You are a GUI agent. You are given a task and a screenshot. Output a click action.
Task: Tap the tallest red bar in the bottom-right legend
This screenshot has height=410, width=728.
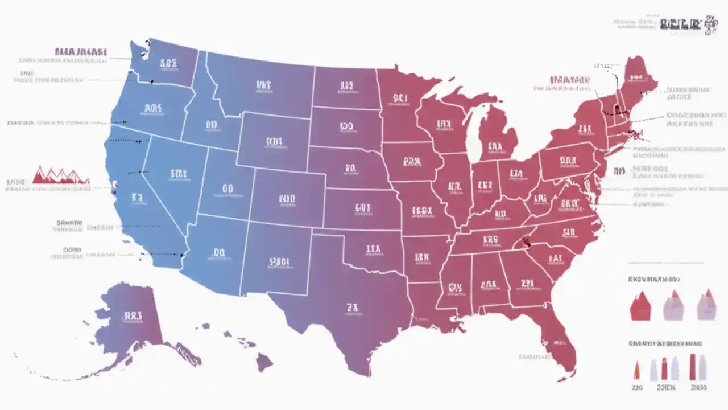[693, 367]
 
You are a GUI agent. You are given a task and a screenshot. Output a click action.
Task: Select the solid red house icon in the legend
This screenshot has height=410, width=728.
[640, 306]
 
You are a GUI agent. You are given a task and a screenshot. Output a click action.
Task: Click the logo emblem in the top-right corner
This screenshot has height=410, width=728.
[710, 24]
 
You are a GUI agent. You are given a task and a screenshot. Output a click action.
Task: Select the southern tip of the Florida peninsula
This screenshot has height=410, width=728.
[566, 373]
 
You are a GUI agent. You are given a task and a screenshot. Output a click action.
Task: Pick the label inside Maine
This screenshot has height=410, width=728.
[635, 77]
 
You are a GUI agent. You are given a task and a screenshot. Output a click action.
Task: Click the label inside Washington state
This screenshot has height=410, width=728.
[169, 63]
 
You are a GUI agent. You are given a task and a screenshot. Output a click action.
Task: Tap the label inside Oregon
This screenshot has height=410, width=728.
[153, 107]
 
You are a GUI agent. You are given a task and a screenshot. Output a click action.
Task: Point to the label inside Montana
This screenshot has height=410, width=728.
[264, 85]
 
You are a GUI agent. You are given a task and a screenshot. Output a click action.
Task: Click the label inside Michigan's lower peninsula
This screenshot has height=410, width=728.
[495, 146]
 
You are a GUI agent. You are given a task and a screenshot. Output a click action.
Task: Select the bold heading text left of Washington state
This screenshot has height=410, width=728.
[81, 52]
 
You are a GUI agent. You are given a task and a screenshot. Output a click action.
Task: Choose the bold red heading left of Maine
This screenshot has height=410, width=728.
[569, 80]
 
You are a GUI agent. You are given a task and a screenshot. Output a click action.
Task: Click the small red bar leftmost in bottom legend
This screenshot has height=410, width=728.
[636, 370]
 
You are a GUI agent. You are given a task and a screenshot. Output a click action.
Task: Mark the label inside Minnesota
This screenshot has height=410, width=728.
[400, 98]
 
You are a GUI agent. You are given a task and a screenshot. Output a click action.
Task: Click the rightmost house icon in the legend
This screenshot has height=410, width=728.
[706, 305]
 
